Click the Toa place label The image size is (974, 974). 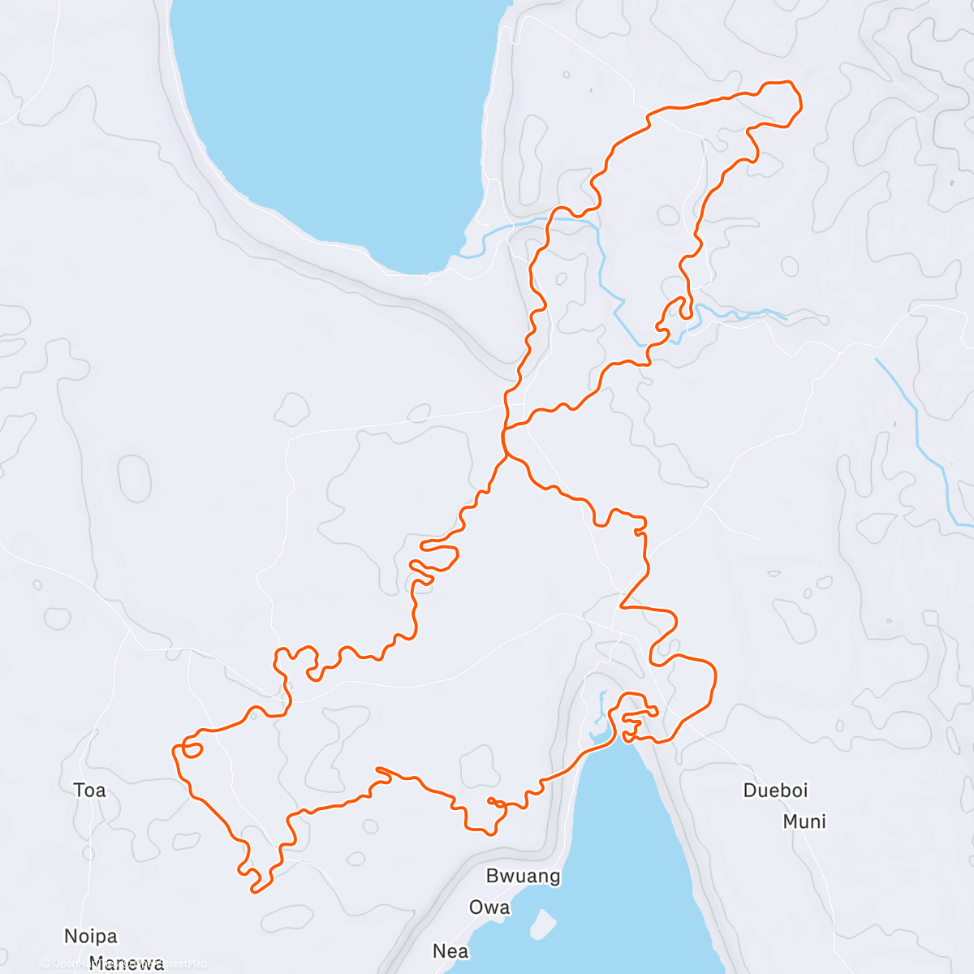pyautogui.click(x=89, y=790)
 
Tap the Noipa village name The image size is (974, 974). pyautogui.click(x=91, y=936)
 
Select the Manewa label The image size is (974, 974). pyautogui.click(x=126, y=963)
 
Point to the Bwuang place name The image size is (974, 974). pyautogui.click(x=523, y=876)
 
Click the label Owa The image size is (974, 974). pyautogui.click(x=489, y=907)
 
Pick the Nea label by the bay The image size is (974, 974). pyautogui.click(x=450, y=950)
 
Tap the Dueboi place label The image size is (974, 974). pyautogui.click(x=775, y=790)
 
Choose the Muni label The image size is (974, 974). pyautogui.click(x=804, y=821)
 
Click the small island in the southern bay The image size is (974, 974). pyautogui.click(x=543, y=922)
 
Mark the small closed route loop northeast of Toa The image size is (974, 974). pyautogui.click(x=192, y=749)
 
